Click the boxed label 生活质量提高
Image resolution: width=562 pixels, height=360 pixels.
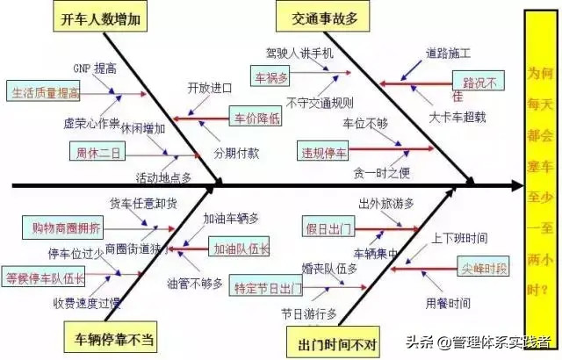click(43, 90)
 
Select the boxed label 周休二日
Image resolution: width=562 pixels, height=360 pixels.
click(98, 152)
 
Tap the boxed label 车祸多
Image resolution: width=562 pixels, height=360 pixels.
click(270, 77)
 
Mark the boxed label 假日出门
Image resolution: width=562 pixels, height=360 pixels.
click(327, 229)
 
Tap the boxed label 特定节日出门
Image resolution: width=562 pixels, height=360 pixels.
click(267, 288)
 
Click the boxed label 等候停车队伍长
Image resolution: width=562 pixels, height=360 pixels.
click(45, 278)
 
